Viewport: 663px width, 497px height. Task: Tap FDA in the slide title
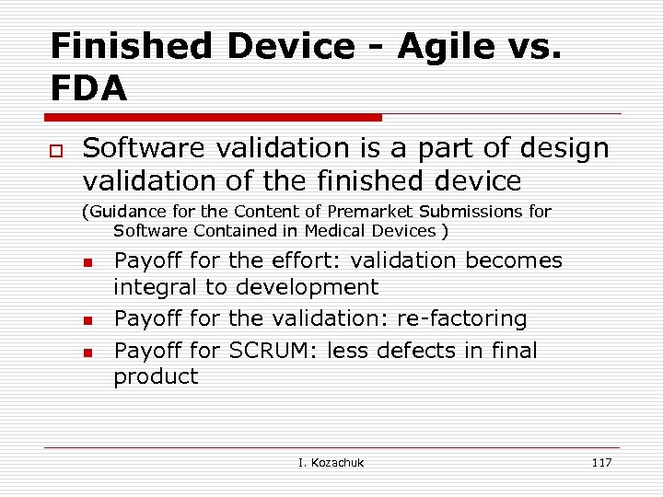pyautogui.click(x=88, y=88)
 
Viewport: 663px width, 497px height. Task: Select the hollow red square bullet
pyautogui.click(x=55, y=150)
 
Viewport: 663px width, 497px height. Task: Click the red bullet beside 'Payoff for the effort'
pyautogui.click(x=88, y=263)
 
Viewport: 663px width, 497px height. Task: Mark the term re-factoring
pyautogui.click(x=462, y=319)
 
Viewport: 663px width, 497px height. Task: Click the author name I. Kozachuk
pyautogui.click(x=331, y=462)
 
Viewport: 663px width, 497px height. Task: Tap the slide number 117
pyautogui.click(x=601, y=462)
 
